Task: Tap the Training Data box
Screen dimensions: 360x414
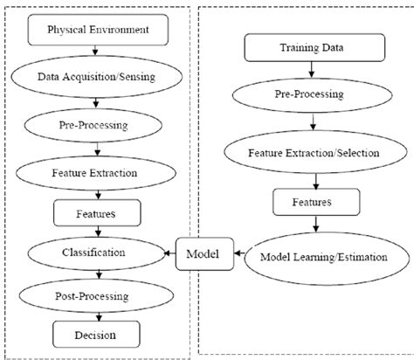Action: click(302, 46)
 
